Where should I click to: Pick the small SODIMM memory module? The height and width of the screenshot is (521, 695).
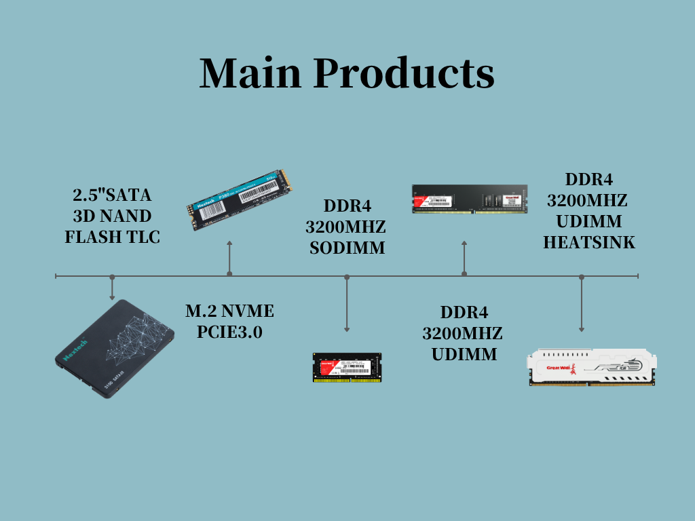pos(347,367)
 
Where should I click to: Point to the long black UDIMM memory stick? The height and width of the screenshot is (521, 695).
pos(470,199)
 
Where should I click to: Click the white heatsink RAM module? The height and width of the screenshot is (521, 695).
pos(593,368)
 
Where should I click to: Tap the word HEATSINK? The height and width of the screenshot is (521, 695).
pos(589,242)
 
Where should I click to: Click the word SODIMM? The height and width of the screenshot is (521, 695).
pos(347,248)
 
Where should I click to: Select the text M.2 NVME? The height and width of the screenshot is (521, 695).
pos(229,311)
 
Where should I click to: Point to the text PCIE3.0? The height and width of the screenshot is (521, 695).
pos(229,332)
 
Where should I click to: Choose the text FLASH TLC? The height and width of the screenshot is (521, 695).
pos(112,237)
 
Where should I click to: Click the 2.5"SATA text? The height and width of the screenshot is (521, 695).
pos(112,195)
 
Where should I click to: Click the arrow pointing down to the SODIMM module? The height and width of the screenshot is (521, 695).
pos(347,305)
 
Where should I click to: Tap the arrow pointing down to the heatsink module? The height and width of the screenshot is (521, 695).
pos(582,305)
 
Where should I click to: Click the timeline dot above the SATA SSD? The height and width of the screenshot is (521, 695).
pos(112,277)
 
